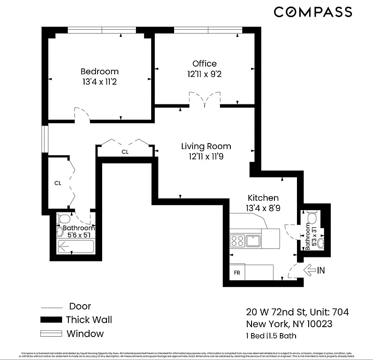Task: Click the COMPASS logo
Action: point(313,12)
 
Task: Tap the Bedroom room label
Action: point(99,72)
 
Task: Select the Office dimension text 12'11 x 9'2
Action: point(204,74)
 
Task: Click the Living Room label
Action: point(206,146)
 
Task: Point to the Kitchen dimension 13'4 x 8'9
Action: point(263,208)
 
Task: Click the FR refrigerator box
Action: point(237,273)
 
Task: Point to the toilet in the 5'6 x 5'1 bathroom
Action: point(63,219)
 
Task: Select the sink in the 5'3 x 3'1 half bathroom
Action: point(320,243)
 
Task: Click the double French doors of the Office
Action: point(205,100)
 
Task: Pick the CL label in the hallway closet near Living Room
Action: point(125,152)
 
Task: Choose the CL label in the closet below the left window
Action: point(58,183)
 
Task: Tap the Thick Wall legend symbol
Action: point(50,320)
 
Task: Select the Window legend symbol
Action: point(50,334)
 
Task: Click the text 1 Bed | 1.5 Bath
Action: point(271,336)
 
